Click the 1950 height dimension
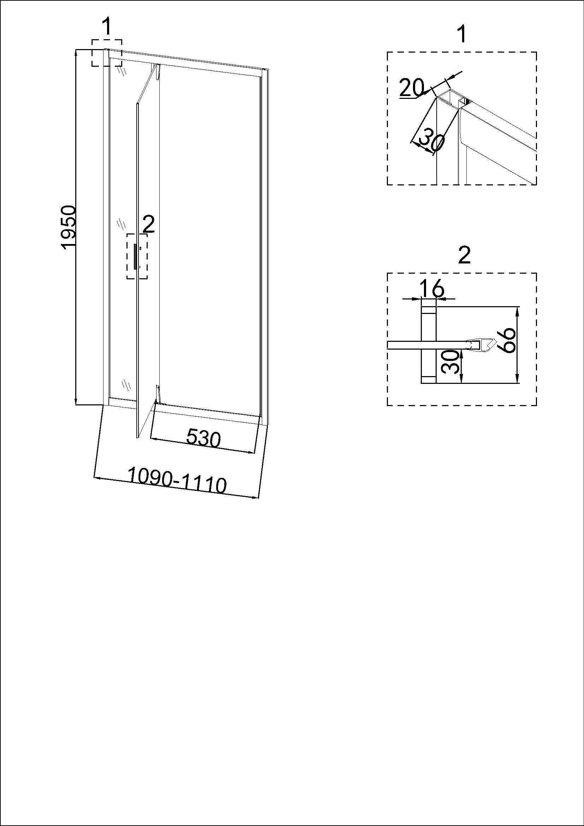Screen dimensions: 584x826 tap(69, 227)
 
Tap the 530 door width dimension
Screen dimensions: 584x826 tap(203, 439)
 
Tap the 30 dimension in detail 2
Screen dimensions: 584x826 tap(452, 362)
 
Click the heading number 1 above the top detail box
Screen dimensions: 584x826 tap(462, 35)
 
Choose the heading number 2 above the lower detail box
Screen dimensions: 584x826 tap(465, 256)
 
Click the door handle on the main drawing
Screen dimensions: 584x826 tap(135, 256)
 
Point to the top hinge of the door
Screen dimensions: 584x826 tap(157, 72)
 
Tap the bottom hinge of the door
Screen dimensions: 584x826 tap(157, 393)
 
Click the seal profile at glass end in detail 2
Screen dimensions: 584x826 tap(480, 345)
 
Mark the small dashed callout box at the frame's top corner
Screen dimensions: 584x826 tap(106, 53)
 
